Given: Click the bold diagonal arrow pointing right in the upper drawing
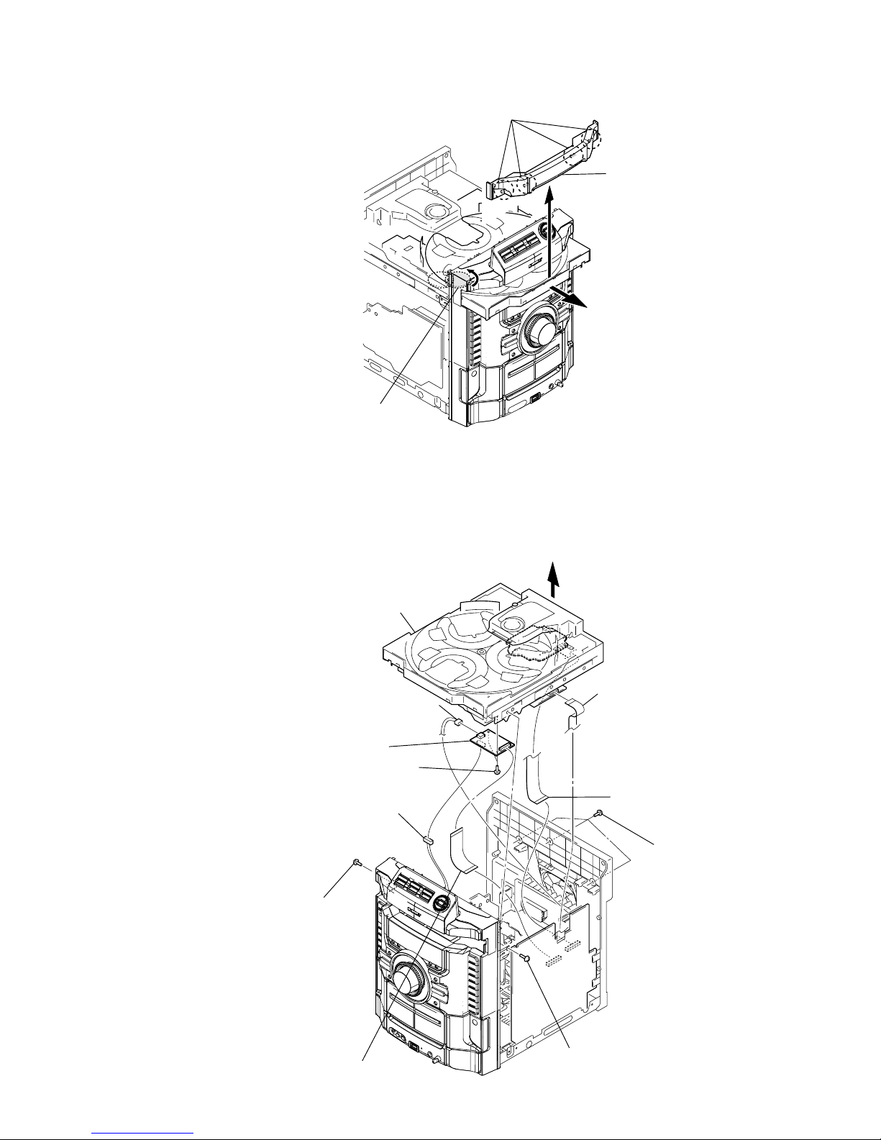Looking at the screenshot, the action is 568,295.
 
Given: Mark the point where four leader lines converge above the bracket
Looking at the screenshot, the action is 513,119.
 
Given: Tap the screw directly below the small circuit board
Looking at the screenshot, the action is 497,770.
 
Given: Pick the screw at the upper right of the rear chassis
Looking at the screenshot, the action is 599,813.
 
